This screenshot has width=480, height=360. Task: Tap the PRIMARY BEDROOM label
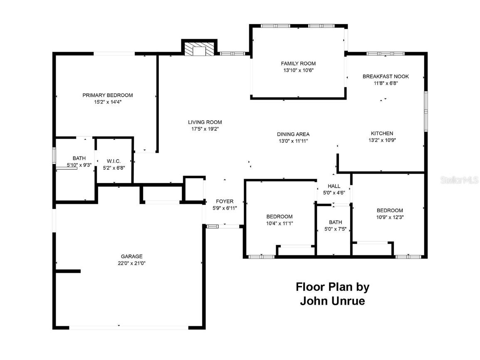pos(107,95)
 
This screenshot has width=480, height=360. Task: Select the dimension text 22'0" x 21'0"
pos(131,263)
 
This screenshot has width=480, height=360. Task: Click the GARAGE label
pos(131,256)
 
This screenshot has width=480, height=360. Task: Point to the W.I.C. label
pos(114,161)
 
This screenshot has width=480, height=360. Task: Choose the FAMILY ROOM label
pos(298,63)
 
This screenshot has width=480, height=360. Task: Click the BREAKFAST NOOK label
pos(385,76)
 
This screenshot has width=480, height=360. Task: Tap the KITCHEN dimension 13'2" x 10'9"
pos(382,140)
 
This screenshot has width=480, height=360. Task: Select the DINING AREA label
pos(293,134)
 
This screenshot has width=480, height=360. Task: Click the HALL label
pos(334,186)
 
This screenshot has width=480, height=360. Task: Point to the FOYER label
pos(225,201)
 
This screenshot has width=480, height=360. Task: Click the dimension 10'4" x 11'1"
pos(279,223)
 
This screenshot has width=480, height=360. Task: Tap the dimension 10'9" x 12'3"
pos(390,217)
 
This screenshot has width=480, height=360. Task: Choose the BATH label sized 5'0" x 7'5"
pos(335,222)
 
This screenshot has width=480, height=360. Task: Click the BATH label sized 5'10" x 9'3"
pos(79,158)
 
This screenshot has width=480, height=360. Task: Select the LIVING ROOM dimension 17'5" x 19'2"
pos(205,129)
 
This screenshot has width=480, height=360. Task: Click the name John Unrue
pos(332,301)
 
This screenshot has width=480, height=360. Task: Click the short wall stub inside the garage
pos(68,271)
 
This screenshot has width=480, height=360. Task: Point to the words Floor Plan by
pos(332,287)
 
